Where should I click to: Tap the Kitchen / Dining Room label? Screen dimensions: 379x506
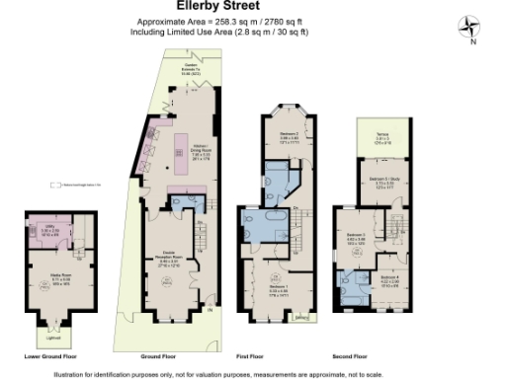[201, 151]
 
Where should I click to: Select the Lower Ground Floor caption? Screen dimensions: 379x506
[48, 356]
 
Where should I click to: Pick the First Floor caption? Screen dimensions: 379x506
[278, 356]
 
